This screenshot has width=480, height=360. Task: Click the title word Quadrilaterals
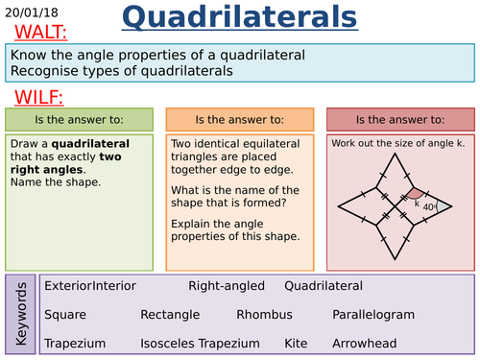241,17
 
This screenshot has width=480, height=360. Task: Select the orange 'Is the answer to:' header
239,120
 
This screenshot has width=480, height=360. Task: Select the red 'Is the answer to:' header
399,120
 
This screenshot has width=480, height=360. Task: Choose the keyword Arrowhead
364,343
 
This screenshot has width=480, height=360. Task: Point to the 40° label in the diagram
430,206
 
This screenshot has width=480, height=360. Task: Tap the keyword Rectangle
170,314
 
